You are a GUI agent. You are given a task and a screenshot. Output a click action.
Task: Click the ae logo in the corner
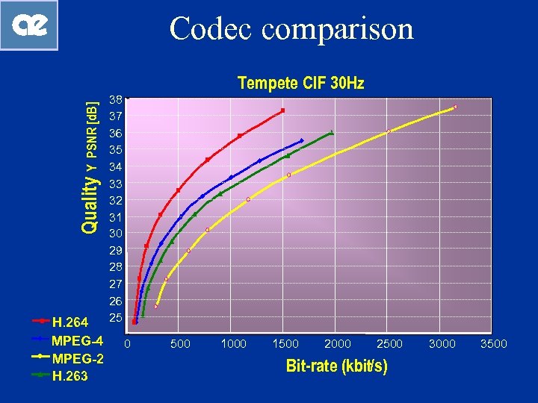tap(29, 26)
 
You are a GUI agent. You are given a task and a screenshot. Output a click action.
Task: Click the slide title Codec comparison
tap(291, 29)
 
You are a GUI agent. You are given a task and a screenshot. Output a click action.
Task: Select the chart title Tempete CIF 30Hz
tap(300, 83)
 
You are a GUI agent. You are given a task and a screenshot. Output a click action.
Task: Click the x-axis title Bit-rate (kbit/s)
tap(336, 366)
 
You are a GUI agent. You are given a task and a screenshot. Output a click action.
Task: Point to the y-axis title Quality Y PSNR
tap(90, 167)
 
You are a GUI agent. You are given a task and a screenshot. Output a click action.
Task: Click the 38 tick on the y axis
tap(115, 99)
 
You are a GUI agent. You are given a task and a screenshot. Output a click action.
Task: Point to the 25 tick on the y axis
tap(115, 319)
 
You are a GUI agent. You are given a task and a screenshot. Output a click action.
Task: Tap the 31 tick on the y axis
tap(115, 217)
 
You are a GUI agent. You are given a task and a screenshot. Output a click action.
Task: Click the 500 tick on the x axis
tap(180, 344)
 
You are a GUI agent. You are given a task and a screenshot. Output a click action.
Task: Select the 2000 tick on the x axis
tap(338, 344)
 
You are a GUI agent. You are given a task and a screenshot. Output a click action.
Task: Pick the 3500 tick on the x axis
tap(493, 344)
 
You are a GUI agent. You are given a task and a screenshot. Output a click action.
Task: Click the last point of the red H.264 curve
tap(282, 110)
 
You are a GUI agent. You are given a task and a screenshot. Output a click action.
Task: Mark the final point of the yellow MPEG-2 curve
tap(455, 107)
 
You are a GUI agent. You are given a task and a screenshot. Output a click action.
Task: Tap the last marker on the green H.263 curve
tap(332, 133)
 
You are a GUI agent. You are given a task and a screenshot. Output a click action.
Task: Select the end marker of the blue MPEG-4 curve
tap(302, 140)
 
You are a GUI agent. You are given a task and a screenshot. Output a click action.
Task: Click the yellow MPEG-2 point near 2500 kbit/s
tap(389, 131)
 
